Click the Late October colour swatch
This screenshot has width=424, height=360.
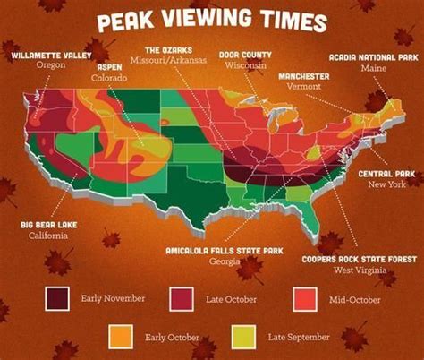[184, 296]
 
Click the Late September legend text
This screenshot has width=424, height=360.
[299, 336]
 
